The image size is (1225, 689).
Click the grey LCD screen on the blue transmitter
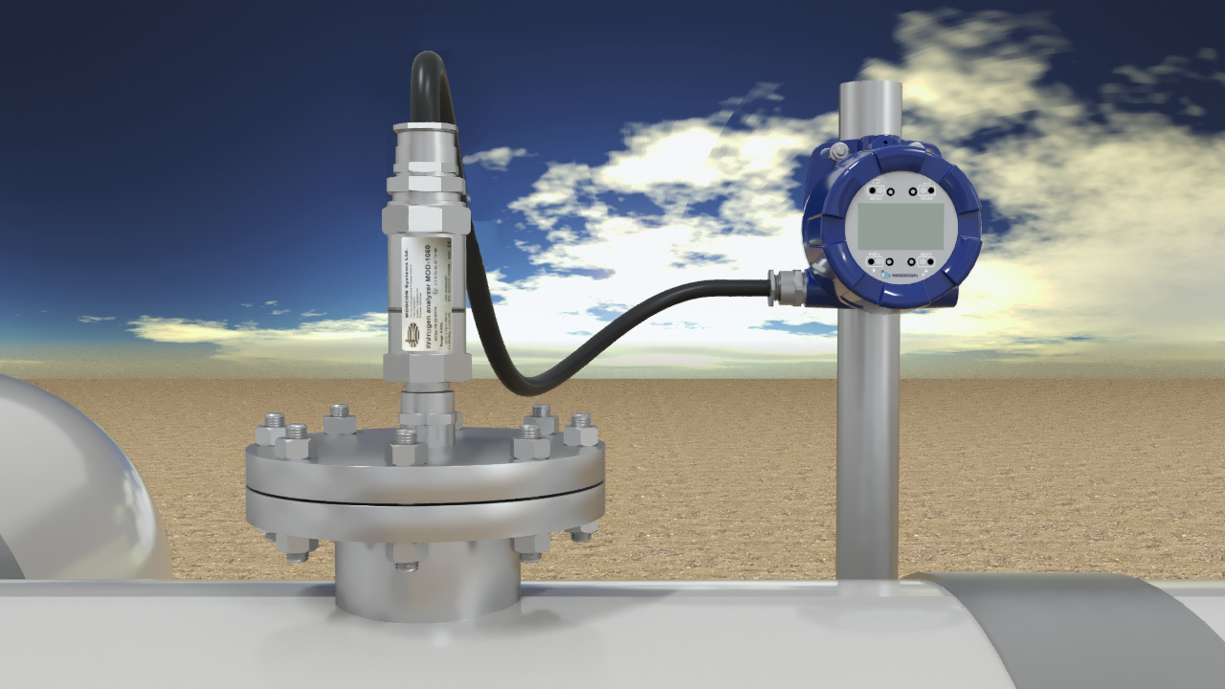[x=901, y=226]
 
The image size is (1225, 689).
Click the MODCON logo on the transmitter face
[x=900, y=276]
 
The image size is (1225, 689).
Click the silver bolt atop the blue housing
[x=838, y=150]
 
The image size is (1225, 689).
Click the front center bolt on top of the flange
[x=406, y=445]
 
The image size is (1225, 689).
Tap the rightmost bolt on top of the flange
[x=580, y=430]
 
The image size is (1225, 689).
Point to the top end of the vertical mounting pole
[x=870, y=91]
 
